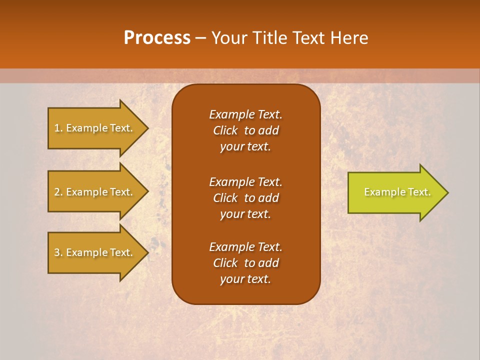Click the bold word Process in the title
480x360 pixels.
pos(157,38)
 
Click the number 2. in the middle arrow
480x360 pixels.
pos(58,192)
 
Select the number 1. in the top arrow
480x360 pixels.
pos(58,128)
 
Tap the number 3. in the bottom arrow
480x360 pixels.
pos(58,252)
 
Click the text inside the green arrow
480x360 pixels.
pos(397,192)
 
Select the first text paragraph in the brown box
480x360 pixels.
pos(245,130)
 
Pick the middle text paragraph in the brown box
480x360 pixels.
pos(245,197)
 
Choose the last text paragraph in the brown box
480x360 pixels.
pos(245,263)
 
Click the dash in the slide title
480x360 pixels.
pos(201,38)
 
